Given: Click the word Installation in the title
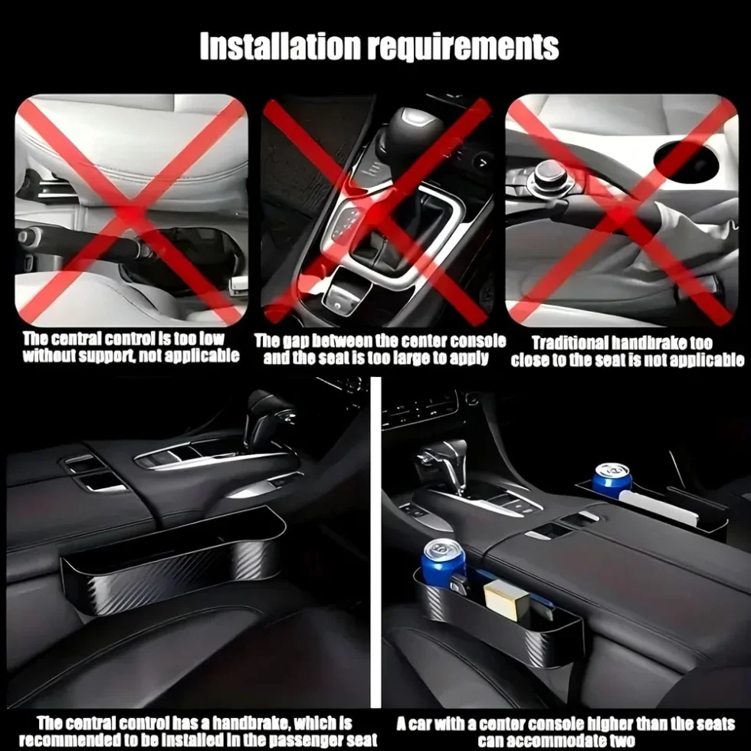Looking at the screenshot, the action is coord(280,47).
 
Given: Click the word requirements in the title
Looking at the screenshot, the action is coord(463,48).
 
